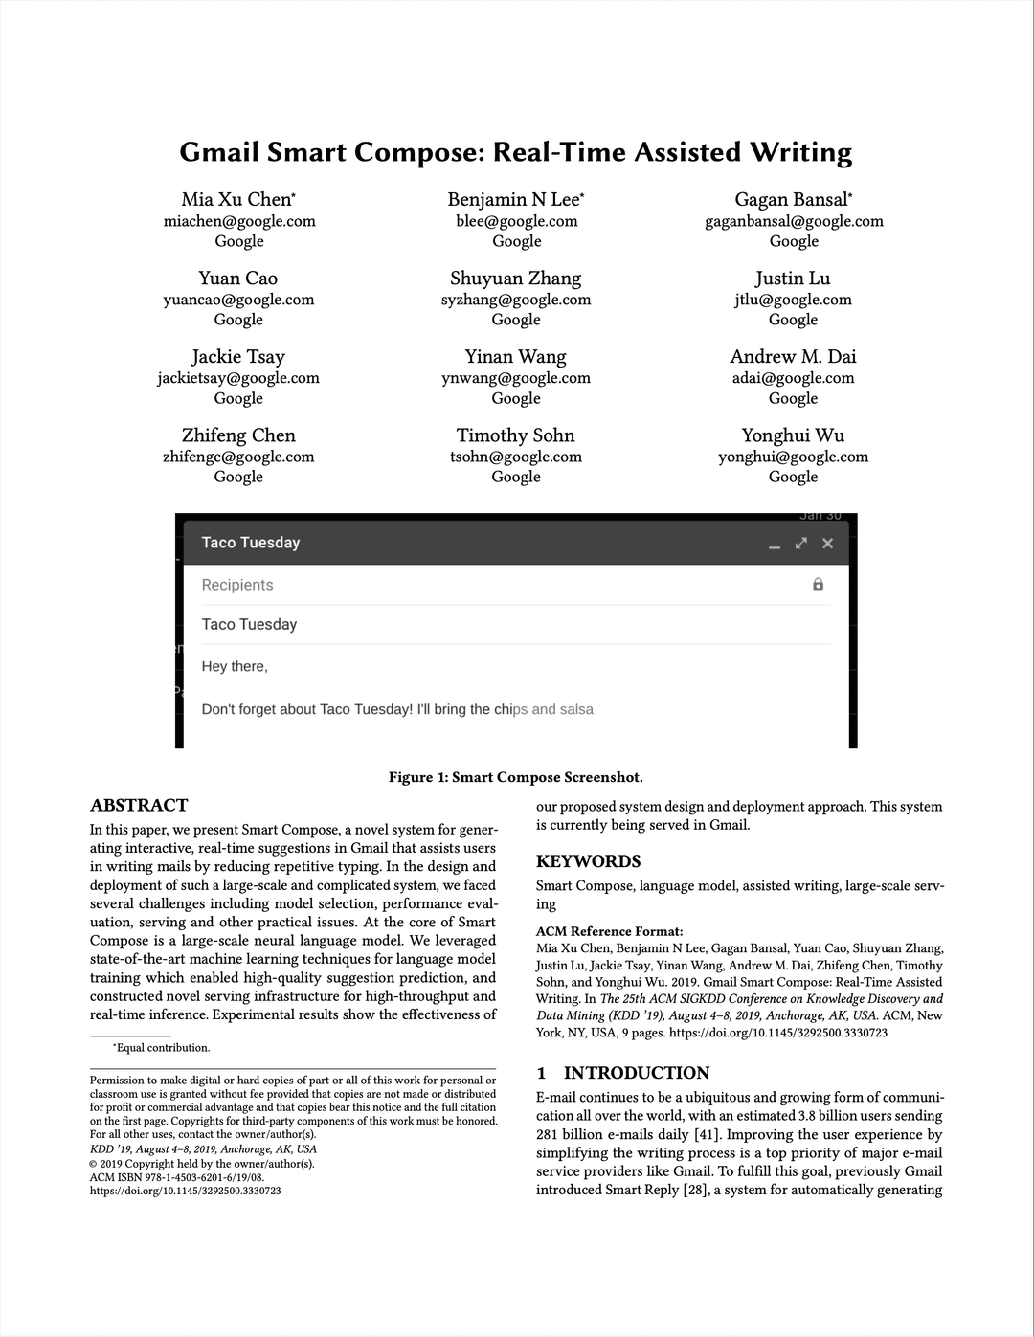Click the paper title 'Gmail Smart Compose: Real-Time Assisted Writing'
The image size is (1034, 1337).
click(516, 153)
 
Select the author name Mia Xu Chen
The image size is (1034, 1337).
click(236, 200)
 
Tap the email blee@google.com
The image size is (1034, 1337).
click(516, 221)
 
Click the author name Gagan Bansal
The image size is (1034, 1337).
click(792, 200)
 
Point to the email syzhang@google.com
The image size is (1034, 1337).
click(516, 300)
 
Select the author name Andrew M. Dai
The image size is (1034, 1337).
click(793, 357)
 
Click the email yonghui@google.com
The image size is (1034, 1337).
click(793, 457)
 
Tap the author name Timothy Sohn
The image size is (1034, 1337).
click(515, 435)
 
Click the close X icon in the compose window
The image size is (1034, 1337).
click(828, 544)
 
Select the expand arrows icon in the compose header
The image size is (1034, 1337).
click(801, 544)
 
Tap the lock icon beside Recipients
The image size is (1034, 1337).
click(818, 584)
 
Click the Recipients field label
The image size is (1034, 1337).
click(237, 585)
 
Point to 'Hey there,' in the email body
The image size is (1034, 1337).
click(235, 666)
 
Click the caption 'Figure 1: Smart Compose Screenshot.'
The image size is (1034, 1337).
click(516, 777)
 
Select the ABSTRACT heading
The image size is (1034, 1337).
click(139, 805)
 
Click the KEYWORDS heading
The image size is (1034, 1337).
click(588, 861)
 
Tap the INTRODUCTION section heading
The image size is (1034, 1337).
click(636, 1073)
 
